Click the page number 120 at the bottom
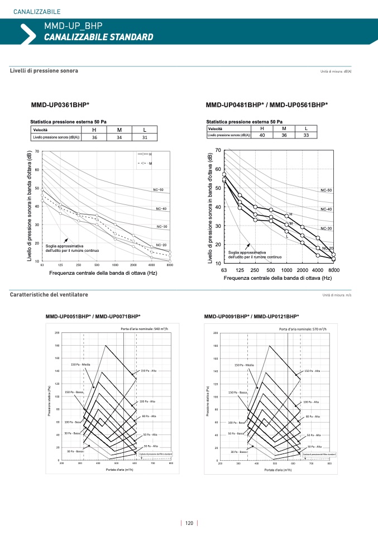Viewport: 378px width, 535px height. point(189,523)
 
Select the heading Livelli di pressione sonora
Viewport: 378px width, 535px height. point(44,71)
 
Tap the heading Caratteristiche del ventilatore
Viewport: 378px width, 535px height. point(49,294)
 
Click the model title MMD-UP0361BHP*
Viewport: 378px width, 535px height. point(60,104)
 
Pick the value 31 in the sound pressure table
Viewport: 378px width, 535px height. point(145,137)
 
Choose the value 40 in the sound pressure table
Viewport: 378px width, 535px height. point(262,135)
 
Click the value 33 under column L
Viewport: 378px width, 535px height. point(306,135)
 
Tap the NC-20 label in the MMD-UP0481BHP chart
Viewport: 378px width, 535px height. point(327,248)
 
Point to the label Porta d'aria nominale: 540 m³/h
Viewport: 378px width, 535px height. point(145,328)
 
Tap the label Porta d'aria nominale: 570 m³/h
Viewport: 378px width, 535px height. point(303,329)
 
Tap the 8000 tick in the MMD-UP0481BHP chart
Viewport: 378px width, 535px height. point(334,270)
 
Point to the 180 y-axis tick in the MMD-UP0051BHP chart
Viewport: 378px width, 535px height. point(57,346)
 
